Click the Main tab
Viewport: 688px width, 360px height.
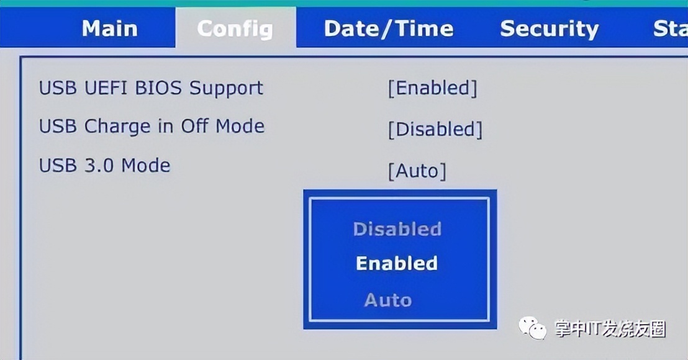[x=110, y=29]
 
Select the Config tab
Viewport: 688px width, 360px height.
[x=235, y=29]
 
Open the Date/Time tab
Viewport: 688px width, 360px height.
[x=389, y=29]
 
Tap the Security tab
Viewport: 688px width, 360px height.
[x=550, y=29]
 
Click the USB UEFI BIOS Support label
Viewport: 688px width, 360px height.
[x=151, y=88]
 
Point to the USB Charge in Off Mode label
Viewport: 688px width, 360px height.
[x=152, y=126]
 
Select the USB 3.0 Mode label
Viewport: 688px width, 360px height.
[x=104, y=165]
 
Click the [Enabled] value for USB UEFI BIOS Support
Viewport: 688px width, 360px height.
[x=432, y=88]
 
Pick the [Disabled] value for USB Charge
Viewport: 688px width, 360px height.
[x=435, y=129]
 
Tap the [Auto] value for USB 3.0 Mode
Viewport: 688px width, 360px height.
[x=417, y=171]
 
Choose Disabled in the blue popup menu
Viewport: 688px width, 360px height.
[x=397, y=229]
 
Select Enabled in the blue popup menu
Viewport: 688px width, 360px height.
[x=397, y=263]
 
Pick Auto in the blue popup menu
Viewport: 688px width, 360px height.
[x=388, y=300]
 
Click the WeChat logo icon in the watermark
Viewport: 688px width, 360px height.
[x=532, y=328]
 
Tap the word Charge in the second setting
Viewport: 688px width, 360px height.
[x=117, y=127]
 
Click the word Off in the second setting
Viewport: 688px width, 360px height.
[x=194, y=126]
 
